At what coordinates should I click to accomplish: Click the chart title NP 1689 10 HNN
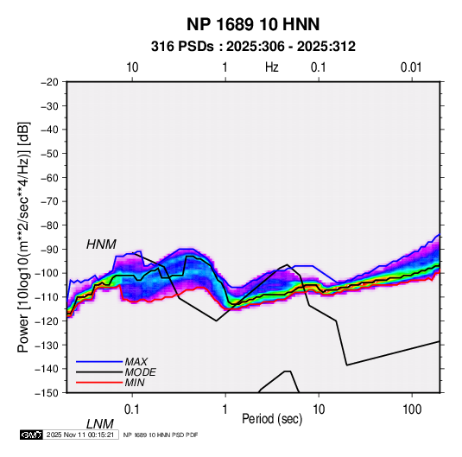(253, 24)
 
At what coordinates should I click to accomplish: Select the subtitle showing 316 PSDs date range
(253, 47)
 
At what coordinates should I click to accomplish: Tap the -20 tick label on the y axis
(49, 82)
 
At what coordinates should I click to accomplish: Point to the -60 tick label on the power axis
(49, 177)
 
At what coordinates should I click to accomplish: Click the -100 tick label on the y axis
(47, 273)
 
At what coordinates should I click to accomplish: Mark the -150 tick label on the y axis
(47, 393)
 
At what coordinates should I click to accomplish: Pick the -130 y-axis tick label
(47, 345)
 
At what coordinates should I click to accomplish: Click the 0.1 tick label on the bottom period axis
(132, 409)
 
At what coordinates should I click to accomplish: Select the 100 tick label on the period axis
(412, 409)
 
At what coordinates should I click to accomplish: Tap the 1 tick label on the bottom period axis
(225, 409)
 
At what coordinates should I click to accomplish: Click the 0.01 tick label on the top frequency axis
(411, 67)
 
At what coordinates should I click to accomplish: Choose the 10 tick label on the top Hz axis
(132, 67)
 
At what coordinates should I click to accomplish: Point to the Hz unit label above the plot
(272, 67)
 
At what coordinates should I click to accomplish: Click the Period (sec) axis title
(272, 419)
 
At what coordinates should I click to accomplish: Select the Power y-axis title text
(23, 237)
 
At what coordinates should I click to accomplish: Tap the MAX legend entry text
(136, 362)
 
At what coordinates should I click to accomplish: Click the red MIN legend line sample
(99, 383)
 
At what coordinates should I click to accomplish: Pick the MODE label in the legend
(140, 372)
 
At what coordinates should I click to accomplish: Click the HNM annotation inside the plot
(101, 244)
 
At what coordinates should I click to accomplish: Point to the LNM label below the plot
(100, 424)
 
